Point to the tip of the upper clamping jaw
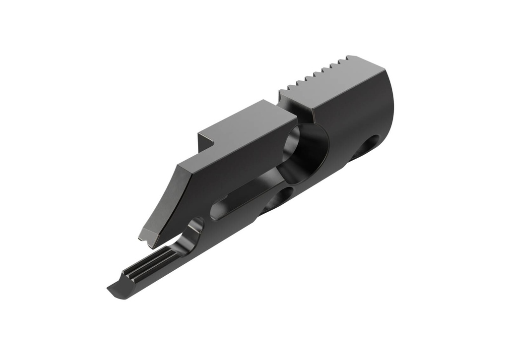coord(144,237)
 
